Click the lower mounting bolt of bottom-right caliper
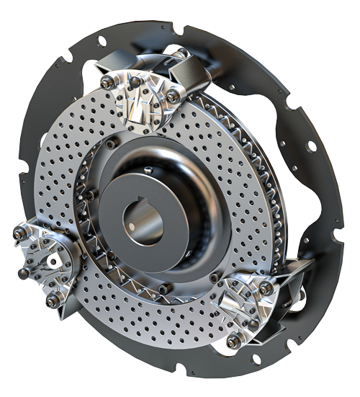(x=232, y=342)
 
